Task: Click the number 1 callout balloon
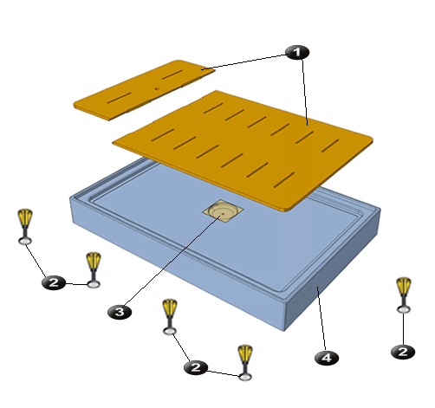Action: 297,52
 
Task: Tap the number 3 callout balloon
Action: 120,312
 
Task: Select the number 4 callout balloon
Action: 327,358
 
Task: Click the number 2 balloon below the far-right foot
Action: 403,352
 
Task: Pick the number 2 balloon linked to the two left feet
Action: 54,282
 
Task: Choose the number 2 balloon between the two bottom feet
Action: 196,367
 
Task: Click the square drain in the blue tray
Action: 223,211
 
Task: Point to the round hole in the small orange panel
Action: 157,88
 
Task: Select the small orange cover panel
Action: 144,90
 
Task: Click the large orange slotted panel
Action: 243,149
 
